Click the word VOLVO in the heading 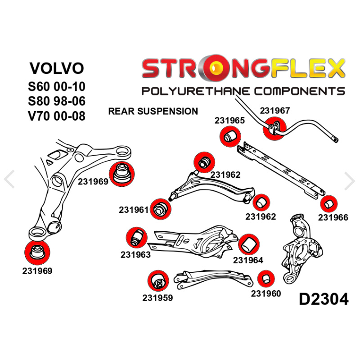57,68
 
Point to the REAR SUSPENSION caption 153,111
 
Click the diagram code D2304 323,299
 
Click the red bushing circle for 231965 230,135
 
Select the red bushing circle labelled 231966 329,204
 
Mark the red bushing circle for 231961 159,209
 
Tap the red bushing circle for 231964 248,244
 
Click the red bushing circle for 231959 158,281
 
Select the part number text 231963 135,255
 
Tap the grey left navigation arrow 9,180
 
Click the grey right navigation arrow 350,180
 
